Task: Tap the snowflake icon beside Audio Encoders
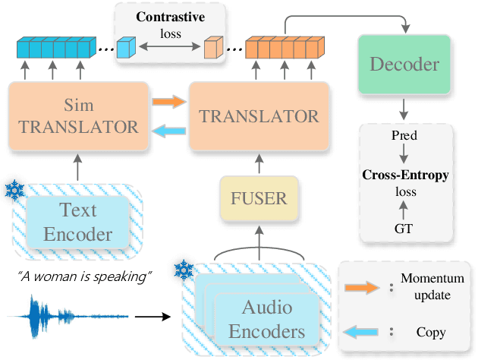click(x=182, y=270)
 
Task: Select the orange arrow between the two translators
click(x=169, y=100)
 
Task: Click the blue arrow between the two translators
click(x=169, y=131)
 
